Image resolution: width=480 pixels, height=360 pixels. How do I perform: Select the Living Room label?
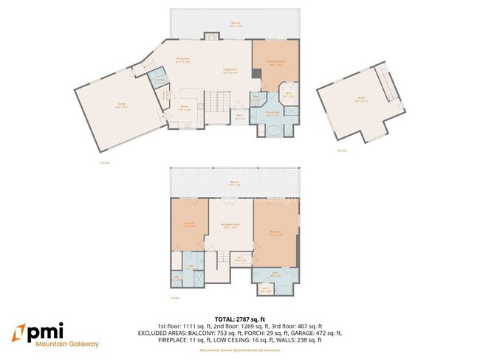[x=230, y=72]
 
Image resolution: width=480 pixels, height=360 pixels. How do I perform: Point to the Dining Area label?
[x=182, y=60]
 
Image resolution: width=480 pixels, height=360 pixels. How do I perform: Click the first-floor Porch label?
[x=240, y=117]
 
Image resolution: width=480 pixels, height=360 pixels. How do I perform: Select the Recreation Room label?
[x=231, y=226]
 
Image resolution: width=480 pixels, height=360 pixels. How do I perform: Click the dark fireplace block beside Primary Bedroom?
[x=255, y=74]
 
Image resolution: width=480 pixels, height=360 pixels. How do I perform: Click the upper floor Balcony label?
[x=236, y=24]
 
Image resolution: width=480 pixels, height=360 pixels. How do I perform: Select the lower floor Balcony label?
[x=234, y=184]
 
